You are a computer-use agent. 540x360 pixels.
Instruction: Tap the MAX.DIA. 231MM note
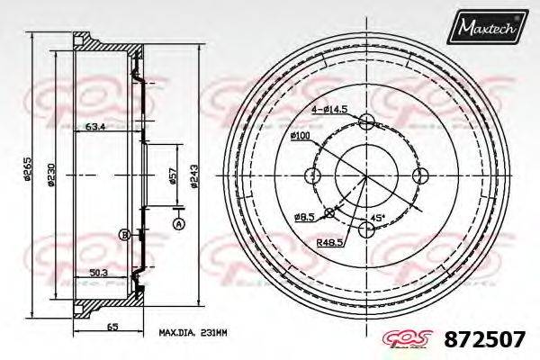[x=192, y=332]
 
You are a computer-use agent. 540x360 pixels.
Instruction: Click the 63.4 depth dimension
[x=95, y=126]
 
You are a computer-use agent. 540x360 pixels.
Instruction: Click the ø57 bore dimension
[x=173, y=176]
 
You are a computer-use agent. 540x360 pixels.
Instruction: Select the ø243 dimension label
[x=194, y=176]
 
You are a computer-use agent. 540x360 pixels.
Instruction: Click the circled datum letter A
[x=177, y=222]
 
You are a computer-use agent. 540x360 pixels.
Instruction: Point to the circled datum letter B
[x=123, y=235]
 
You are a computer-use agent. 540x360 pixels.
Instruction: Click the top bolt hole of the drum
[x=366, y=123]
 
